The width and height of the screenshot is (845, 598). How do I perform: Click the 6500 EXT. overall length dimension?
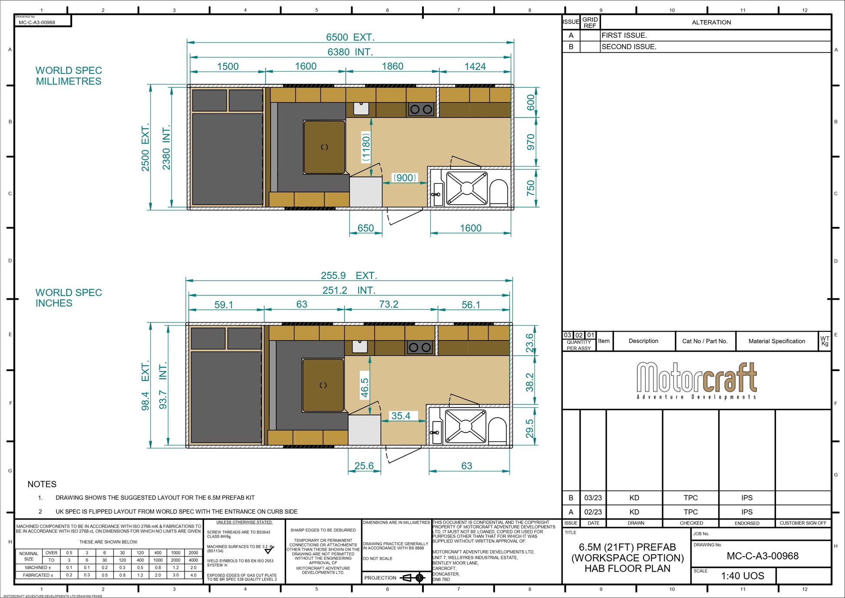[x=350, y=37]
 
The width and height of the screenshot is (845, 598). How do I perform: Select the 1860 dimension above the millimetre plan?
[x=392, y=66]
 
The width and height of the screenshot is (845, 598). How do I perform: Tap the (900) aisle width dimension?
[x=404, y=178]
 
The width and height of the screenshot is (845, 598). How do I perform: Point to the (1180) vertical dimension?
[x=366, y=147]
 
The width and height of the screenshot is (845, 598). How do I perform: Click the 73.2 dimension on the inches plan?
[x=388, y=304]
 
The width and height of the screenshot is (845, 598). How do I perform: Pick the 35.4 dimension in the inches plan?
[x=400, y=416]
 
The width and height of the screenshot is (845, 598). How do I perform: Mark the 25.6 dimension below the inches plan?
[x=364, y=466]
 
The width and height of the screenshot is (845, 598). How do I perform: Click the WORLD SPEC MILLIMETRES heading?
[x=69, y=76]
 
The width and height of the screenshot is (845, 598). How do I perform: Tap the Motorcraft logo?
[x=696, y=380]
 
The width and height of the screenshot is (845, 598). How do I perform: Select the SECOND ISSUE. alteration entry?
[x=629, y=47]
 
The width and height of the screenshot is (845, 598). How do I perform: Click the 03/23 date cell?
[x=593, y=498]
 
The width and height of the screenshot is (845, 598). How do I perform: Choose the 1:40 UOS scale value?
[x=743, y=576]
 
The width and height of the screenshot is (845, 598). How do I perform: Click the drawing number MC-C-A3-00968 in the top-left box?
[x=37, y=23]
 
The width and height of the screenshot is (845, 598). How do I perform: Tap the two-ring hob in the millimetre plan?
[x=421, y=110]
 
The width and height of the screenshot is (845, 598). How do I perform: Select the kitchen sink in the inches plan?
[x=360, y=346]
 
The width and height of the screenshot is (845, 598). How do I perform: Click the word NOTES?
[x=42, y=484]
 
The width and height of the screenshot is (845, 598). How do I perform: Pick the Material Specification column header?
[x=776, y=341]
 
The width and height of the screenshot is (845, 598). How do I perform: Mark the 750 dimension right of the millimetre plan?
[x=531, y=188]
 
